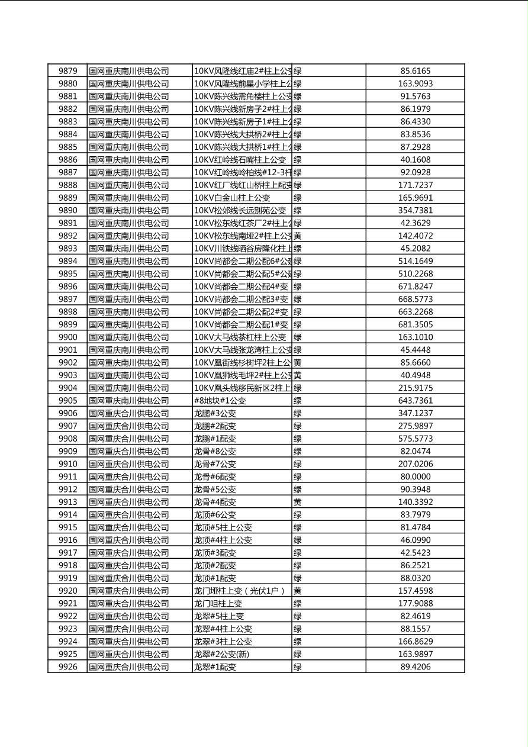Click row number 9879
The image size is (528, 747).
(x=67, y=71)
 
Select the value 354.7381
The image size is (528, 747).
(x=415, y=210)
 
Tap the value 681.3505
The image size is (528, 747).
(x=415, y=324)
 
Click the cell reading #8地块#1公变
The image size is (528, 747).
(x=220, y=401)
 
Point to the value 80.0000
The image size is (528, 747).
(x=415, y=476)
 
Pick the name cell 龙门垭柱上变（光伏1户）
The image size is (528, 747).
(x=240, y=591)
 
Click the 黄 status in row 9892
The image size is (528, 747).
(x=298, y=236)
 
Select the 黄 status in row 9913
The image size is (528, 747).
(x=298, y=502)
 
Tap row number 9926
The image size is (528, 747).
(x=67, y=666)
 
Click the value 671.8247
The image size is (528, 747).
(x=415, y=286)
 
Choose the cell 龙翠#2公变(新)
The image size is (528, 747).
(x=222, y=654)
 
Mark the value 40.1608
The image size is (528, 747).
(x=415, y=160)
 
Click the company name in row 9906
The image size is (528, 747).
(x=129, y=413)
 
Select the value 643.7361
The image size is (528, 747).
(x=415, y=401)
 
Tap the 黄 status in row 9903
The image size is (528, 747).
(x=298, y=375)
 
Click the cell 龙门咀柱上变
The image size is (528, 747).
(x=218, y=603)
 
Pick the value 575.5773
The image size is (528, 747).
(x=415, y=439)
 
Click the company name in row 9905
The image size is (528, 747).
(x=129, y=401)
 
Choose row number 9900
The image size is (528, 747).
(x=67, y=337)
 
